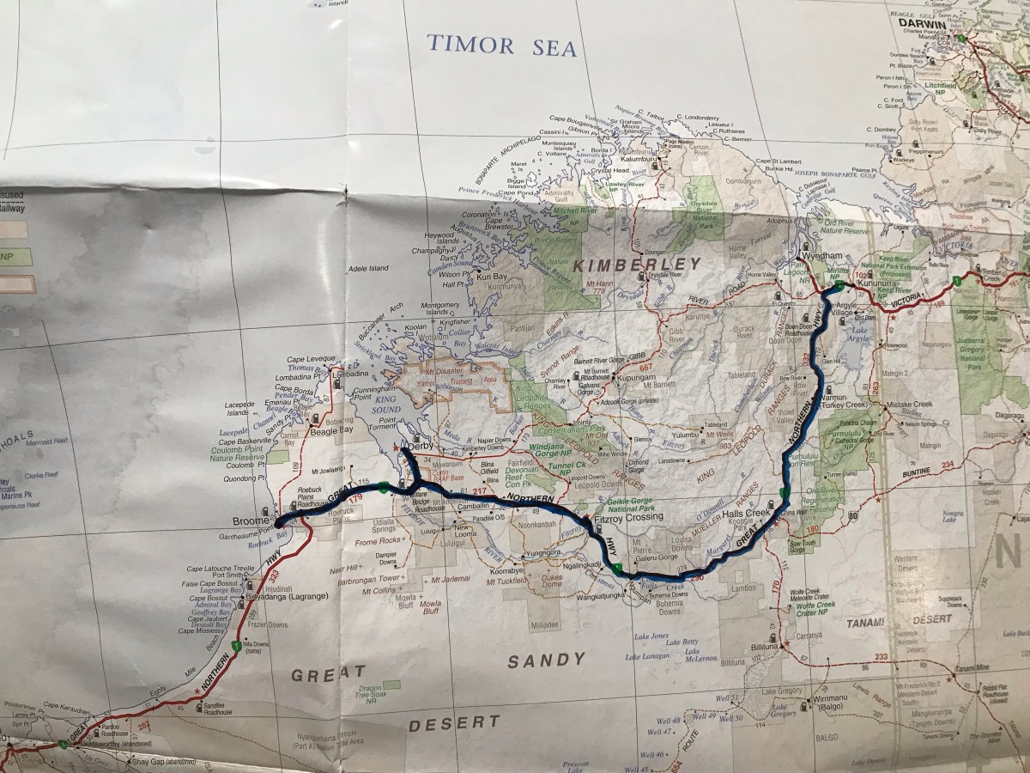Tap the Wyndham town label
[x=816, y=257]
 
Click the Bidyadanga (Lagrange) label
[x=287, y=595]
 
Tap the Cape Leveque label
[x=306, y=361]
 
